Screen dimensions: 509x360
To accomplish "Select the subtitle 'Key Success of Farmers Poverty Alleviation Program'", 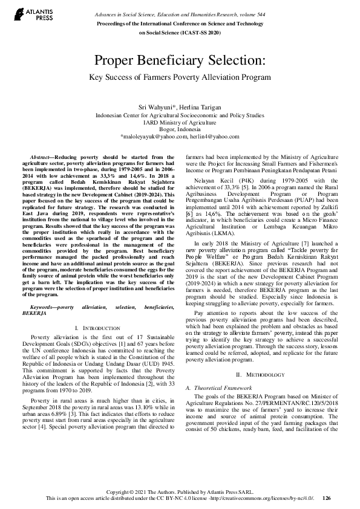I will coord(180,77).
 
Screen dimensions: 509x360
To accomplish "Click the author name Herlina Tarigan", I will coord(203,106).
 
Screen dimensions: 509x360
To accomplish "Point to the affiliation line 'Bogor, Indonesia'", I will coord(180,129).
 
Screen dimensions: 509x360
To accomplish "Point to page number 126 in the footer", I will coord(327,499).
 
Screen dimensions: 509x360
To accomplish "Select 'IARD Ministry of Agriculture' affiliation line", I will coord(180,122).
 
